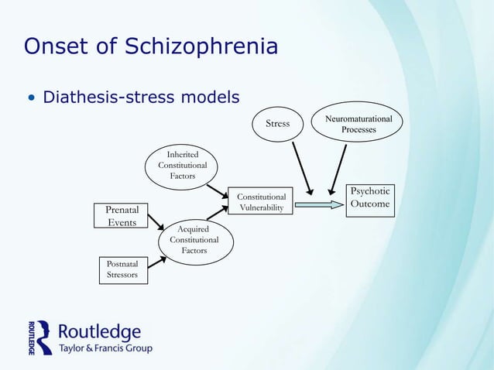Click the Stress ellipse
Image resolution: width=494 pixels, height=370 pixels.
point(277,124)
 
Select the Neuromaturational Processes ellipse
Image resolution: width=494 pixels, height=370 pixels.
point(358,124)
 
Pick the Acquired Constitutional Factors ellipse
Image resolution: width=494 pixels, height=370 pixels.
point(194,240)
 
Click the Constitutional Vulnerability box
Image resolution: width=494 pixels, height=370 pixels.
point(261,201)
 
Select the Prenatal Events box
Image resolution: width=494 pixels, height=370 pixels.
point(122,215)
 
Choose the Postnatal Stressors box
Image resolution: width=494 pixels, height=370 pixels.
point(122,271)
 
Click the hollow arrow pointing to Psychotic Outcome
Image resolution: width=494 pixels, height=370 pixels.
point(318,205)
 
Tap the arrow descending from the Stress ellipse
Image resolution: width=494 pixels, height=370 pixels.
point(298,167)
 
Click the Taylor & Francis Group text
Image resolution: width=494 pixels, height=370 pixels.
point(106,348)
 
